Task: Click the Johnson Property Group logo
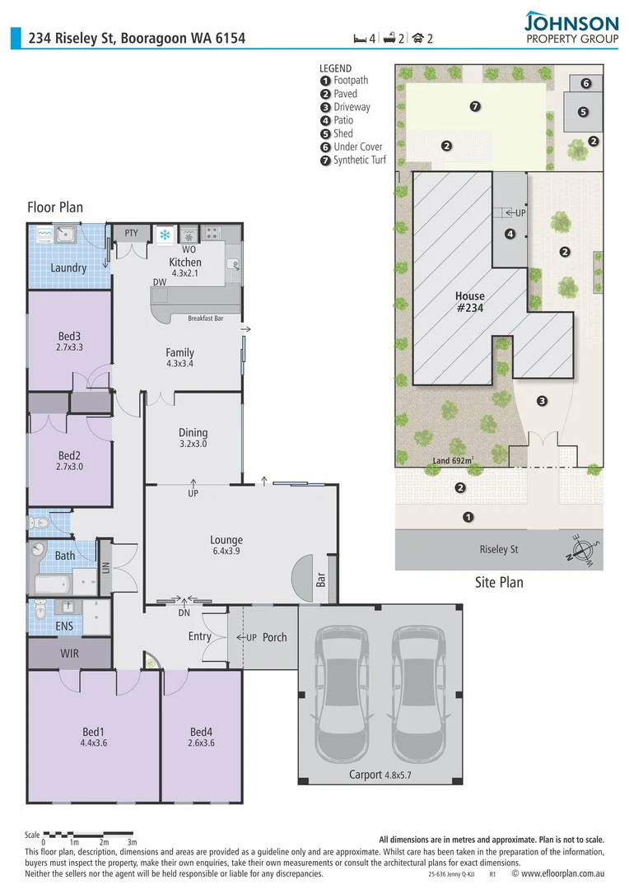point(571,28)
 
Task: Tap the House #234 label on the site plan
point(469,302)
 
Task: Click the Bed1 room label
point(93,732)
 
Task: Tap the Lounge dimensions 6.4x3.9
point(226,552)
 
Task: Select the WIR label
point(69,653)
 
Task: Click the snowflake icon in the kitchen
point(165,235)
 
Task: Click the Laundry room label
point(68,268)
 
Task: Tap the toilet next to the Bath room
point(40,522)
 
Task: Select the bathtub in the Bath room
point(54,584)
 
